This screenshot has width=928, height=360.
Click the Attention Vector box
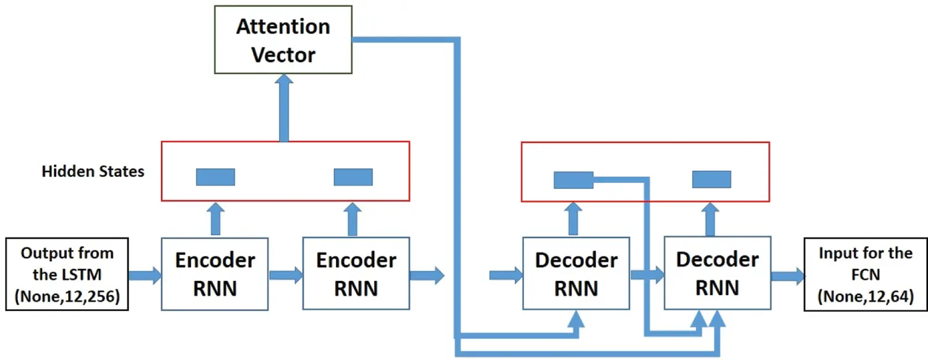(284, 40)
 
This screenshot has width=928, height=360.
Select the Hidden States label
(93, 171)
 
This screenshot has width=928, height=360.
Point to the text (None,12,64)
(865, 297)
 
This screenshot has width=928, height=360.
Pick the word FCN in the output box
(865, 275)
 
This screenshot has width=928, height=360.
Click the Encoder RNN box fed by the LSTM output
(215, 273)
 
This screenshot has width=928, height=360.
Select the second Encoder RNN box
(356, 273)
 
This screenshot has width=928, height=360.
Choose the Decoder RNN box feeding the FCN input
(717, 273)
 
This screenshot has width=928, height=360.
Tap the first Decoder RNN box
(576, 273)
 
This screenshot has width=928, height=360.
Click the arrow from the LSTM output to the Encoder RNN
(145, 275)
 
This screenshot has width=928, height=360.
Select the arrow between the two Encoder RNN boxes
(285, 275)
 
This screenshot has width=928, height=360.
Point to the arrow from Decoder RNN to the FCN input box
(787, 275)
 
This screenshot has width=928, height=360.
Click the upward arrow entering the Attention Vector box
(284, 108)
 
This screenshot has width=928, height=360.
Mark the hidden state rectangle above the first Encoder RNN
(215, 177)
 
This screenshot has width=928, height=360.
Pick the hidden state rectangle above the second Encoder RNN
(353, 177)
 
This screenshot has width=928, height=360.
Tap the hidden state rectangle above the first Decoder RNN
(573, 179)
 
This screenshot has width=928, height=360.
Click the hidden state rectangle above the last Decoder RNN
(711, 179)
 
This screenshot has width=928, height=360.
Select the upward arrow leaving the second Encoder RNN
(353, 219)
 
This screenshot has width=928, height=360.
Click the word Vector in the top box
(284, 54)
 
